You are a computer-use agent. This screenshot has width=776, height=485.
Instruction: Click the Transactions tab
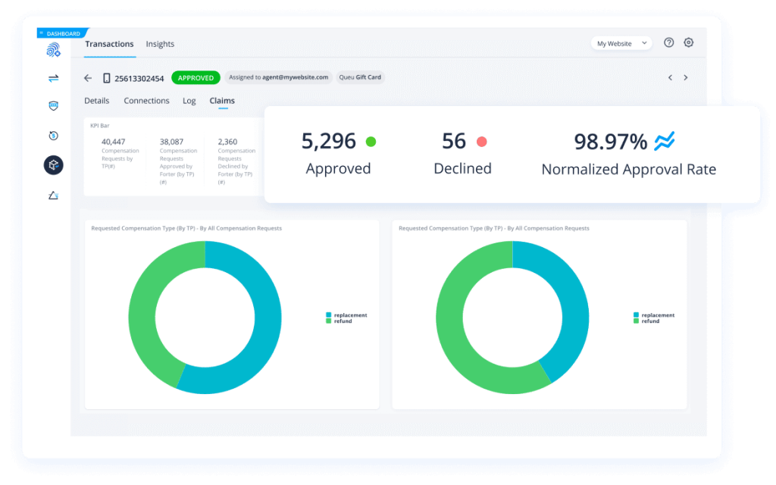point(109,44)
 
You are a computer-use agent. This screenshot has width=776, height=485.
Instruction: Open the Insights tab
point(160,44)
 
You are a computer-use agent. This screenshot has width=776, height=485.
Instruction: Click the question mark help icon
point(668,43)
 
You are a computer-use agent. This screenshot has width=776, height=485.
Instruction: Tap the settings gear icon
point(688,43)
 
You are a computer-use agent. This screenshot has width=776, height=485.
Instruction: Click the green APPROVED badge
point(196,77)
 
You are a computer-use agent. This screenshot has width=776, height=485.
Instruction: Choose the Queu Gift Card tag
point(360,77)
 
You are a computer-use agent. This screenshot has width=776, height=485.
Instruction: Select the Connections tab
point(146,101)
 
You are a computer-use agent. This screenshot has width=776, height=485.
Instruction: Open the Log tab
point(189,101)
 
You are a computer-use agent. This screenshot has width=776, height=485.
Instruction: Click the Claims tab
point(222,101)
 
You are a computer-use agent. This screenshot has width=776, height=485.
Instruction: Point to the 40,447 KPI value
point(113,142)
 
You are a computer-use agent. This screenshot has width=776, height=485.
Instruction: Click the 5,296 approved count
point(328,141)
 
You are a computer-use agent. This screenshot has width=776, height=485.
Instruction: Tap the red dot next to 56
point(481,142)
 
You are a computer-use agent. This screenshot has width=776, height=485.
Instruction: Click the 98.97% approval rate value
point(610,142)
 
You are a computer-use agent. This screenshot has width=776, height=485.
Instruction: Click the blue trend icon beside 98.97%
point(664,141)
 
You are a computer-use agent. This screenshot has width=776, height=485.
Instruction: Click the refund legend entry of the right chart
point(649,321)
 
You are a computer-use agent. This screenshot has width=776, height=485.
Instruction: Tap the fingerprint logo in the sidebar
point(53,51)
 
